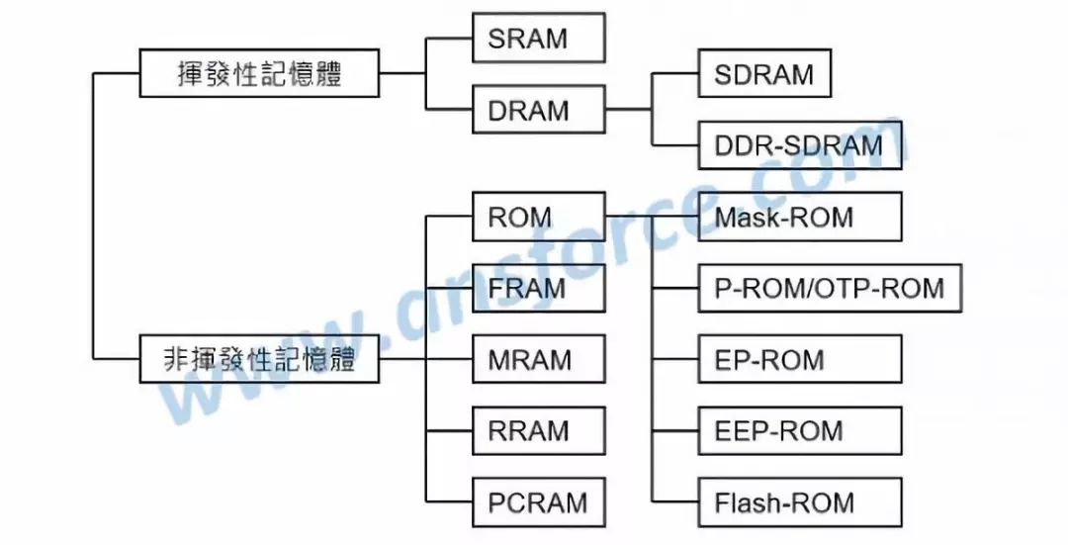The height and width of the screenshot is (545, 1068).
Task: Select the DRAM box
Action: pos(538,110)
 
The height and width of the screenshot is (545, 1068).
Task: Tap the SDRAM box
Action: pos(763,74)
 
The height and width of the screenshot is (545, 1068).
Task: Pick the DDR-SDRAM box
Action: pos(799,145)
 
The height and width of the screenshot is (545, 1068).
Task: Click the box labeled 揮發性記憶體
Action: pos(259,74)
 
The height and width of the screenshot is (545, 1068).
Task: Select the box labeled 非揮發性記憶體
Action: pos(259,359)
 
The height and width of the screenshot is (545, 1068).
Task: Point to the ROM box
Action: pos(538,217)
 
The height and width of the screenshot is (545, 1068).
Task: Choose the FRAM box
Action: pos(538,288)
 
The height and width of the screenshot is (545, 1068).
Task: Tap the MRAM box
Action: pos(538,359)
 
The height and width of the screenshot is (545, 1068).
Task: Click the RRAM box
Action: pos(538,430)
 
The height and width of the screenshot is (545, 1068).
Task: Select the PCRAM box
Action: pos(538,501)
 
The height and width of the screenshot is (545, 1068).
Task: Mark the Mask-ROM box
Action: pos(799,217)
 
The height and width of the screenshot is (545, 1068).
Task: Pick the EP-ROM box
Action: pos(799,359)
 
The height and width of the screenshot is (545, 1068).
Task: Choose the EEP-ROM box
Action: pos(799,430)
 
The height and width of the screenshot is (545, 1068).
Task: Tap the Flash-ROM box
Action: pos(799,501)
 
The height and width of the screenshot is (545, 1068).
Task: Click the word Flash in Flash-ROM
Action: pos(747,501)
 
